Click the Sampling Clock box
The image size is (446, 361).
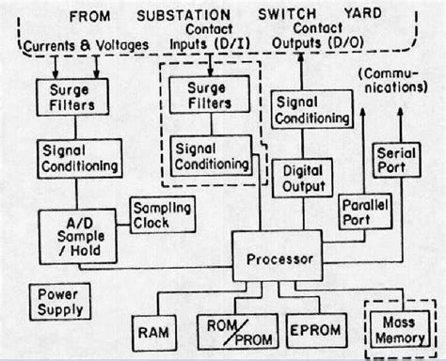click(x=162, y=215)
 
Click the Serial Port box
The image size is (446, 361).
click(x=396, y=162)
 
